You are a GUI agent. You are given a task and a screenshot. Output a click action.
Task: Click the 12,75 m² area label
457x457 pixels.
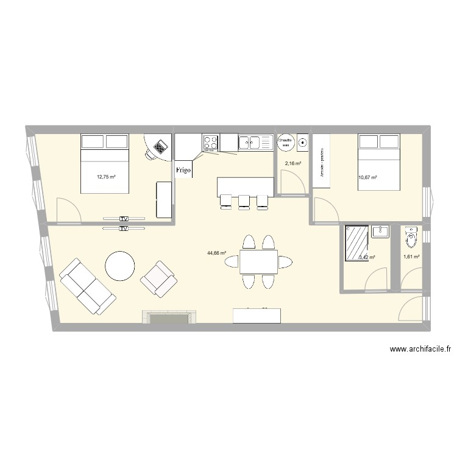pyautogui.click(x=106, y=177)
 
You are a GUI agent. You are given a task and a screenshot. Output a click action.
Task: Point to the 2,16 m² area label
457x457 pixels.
pyautogui.click(x=294, y=164)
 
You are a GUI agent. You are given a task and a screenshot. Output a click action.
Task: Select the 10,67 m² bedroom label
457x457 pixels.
pyautogui.click(x=367, y=177)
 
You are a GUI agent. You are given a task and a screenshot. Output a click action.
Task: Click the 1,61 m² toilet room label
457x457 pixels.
pyautogui.click(x=412, y=257)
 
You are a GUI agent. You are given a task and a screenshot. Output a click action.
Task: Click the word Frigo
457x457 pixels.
pyautogui.click(x=183, y=170)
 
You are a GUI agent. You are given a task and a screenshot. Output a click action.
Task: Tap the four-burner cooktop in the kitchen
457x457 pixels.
pyautogui.click(x=211, y=142)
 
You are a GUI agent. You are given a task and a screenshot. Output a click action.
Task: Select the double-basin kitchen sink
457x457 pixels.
pyautogui.click(x=256, y=143)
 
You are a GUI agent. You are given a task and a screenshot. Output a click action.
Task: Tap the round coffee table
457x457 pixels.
pyautogui.click(x=120, y=266)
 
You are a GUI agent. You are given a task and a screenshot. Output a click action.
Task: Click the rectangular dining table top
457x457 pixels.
pyautogui.click(x=258, y=261)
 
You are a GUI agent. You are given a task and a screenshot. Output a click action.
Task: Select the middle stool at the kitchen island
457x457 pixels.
pyautogui.click(x=245, y=200)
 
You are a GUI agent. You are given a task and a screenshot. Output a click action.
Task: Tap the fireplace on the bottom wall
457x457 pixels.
pyautogui.click(x=170, y=317)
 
